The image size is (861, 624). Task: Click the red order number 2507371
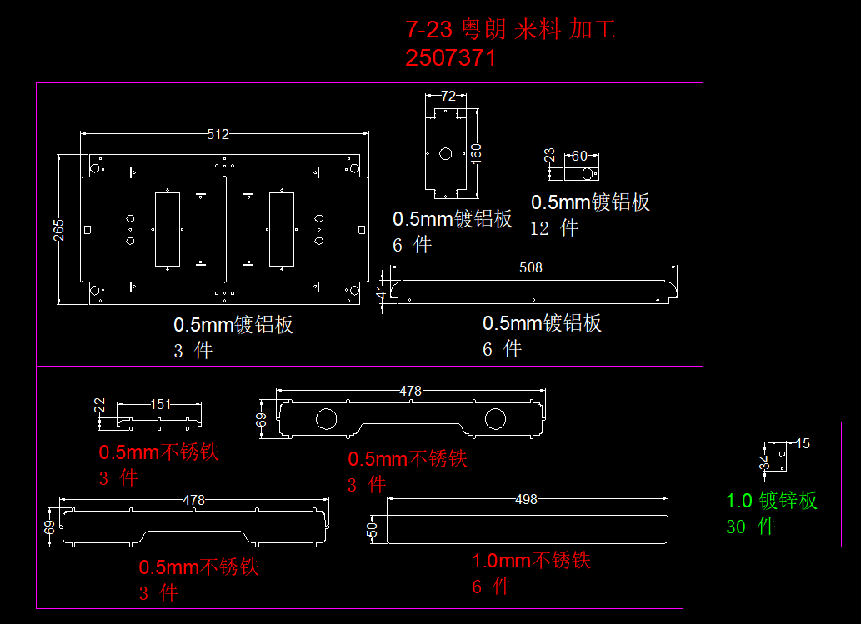pyautogui.click(x=451, y=58)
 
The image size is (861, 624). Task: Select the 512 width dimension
pyautogui.click(x=218, y=134)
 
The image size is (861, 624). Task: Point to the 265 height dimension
pyautogui.click(x=59, y=229)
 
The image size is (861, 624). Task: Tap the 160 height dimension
pyautogui.click(x=476, y=153)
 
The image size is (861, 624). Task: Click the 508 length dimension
pyautogui.click(x=531, y=267)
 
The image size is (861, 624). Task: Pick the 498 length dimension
pyautogui.click(x=527, y=499)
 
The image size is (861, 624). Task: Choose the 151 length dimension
pyautogui.click(x=160, y=404)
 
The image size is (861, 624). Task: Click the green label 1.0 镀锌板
pyautogui.click(x=772, y=501)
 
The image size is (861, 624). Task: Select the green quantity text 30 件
pyautogui.click(x=751, y=527)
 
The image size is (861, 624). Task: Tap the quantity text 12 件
pyautogui.click(x=554, y=228)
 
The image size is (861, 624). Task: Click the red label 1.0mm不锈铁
pyautogui.click(x=532, y=561)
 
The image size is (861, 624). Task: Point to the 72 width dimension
pyautogui.click(x=448, y=96)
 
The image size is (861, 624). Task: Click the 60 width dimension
pyautogui.click(x=580, y=156)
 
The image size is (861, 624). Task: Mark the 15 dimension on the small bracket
pyautogui.click(x=803, y=443)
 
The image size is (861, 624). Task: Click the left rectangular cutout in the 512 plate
pyautogui.click(x=167, y=229)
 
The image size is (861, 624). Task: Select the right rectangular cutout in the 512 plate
pyautogui.click(x=281, y=229)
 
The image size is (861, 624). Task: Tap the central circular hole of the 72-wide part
pyautogui.click(x=445, y=153)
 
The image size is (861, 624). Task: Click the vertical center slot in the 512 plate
pyautogui.click(x=224, y=229)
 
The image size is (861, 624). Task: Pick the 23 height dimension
pyautogui.click(x=549, y=155)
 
